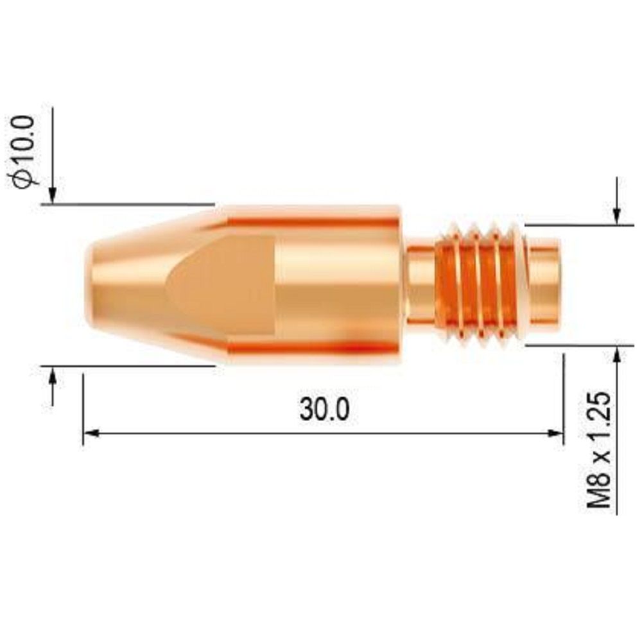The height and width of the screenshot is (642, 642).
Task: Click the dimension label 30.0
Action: [x=324, y=409]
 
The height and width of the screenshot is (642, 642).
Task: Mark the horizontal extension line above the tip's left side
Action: [x=128, y=204]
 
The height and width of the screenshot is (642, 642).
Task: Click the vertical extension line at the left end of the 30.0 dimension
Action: [x=83, y=411]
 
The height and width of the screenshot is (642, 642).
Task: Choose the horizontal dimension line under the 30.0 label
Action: [x=321, y=434]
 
